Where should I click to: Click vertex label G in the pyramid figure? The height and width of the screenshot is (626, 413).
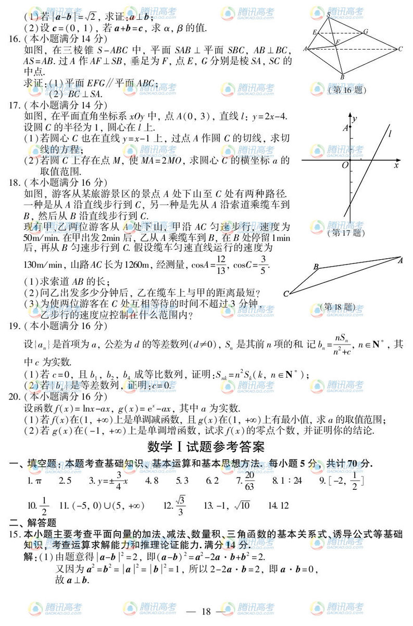pyautogui.click(x=366, y=31)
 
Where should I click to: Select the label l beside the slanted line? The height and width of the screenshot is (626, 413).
pyautogui.click(x=390, y=134)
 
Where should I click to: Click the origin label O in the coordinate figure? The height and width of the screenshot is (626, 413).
pyautogui.click(x=344, y=165)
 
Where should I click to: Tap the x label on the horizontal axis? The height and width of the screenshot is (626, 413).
pyautogui.click(x=396, y=165)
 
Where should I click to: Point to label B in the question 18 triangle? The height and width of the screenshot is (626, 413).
pyautogui.click(x=316, y=267)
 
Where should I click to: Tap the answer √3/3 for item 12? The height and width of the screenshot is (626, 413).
pyautogui.click(x=181, y=505)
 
